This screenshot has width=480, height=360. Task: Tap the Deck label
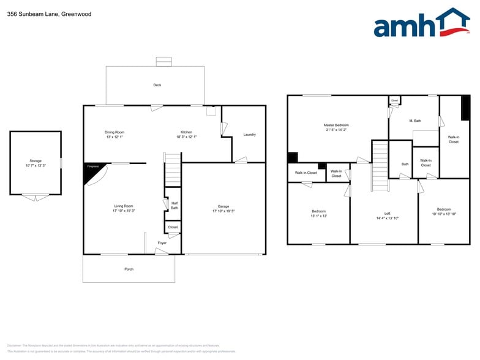[x=157, y=85]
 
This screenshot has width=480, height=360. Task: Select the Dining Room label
[x=114, y=132]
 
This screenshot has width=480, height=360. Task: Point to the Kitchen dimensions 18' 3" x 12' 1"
[x=186, y=137]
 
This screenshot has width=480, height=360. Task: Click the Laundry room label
[x=249, y=135]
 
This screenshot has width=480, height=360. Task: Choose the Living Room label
[x=123, y=206]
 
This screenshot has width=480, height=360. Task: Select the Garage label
[x=223, y=206]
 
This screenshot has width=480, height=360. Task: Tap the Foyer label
[x=162, y=243]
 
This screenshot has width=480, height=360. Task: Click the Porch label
[x=129, y=269]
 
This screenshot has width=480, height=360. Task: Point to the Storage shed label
[x=36, y=161]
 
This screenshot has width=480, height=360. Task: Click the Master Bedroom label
[x=336, y=125]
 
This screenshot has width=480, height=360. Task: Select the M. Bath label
[x=414, y=121]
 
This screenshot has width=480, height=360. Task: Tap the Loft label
[x=387, y=214]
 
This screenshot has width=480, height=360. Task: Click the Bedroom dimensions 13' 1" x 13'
[x=318, y=216]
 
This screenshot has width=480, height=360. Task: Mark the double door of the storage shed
[x=36, y=197]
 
